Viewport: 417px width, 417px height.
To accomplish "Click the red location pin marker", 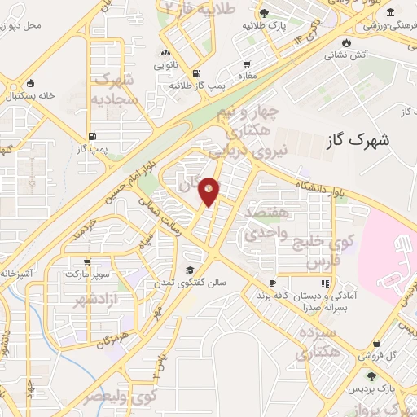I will tap(209, 191).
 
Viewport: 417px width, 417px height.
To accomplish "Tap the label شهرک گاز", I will tap(357, 139).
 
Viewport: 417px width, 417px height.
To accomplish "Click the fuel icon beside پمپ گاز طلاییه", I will tap(196, 71).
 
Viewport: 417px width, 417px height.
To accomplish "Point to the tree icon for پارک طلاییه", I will tap(264, 12).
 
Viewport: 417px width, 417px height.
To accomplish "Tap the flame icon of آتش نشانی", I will tap(349, 42).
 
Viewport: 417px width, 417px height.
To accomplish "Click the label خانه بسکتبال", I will tap(29, 95).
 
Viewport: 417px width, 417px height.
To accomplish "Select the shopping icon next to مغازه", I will tap(246, 64).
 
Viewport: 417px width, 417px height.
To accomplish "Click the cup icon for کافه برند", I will tap(272, 283).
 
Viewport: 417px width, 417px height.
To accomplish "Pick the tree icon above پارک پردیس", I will tap(372, 376).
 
